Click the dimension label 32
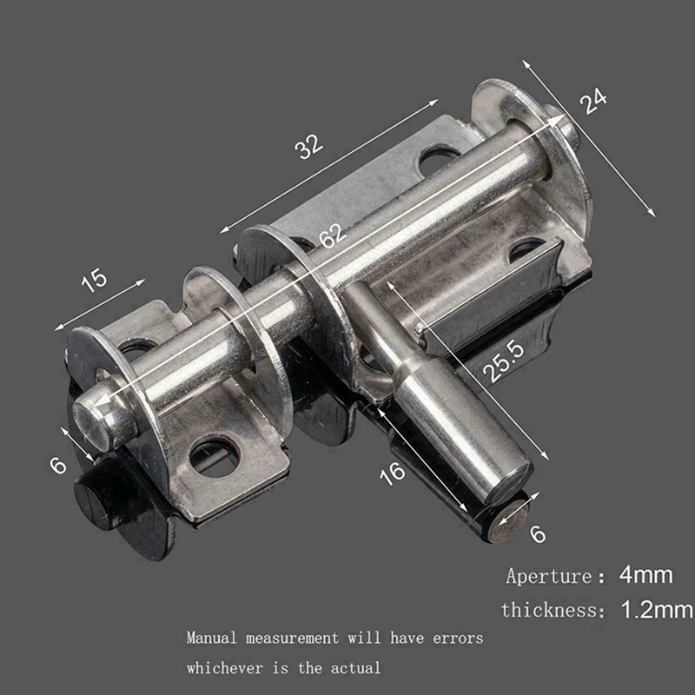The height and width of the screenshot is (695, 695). click(x=309, y=147)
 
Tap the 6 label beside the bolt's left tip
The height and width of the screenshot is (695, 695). click(x=58, y=465)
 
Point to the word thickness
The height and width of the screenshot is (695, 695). click(x=550, y=610)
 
